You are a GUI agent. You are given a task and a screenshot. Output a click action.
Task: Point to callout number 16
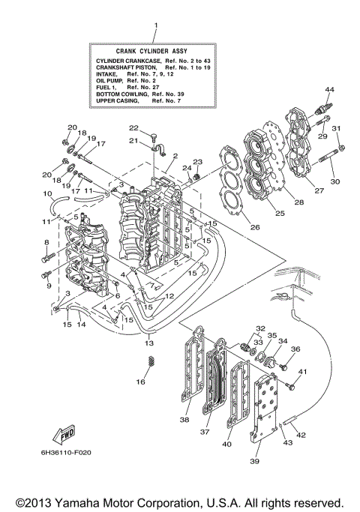(x=141, y=382)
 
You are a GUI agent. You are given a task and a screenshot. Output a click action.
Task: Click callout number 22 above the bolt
(x=133, y=127)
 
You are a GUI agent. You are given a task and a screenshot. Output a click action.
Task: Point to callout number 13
(x=150, y=343)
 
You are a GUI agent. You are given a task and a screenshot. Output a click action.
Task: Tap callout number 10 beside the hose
(x=47, y=193)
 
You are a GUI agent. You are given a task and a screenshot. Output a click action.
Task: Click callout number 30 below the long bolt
(x=334, y=181)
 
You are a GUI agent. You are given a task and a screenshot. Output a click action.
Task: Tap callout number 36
(x=295, y=349)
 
